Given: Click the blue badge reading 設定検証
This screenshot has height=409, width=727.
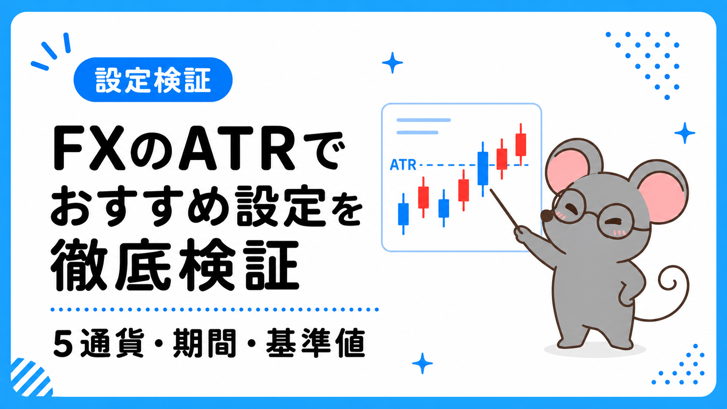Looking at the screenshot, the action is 153,80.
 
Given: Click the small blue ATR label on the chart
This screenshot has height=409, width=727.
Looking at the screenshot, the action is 403,165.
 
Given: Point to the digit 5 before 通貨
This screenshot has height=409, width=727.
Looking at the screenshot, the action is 63,343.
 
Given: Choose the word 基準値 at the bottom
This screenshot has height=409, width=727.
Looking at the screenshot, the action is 315,343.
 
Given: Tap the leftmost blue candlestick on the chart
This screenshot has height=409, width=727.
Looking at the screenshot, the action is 403,214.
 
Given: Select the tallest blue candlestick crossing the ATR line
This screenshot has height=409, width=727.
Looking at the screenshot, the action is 483,169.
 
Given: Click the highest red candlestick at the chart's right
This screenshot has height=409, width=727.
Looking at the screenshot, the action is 520,145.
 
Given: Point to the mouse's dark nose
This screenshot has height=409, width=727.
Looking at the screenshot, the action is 546,216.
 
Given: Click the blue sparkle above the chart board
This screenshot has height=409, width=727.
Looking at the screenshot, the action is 392,63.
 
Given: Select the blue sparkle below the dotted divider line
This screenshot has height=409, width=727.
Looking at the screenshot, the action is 422,363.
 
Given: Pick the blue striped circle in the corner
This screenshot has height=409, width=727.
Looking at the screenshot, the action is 31,378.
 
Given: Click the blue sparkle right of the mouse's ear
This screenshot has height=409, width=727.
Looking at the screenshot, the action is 685,133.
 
